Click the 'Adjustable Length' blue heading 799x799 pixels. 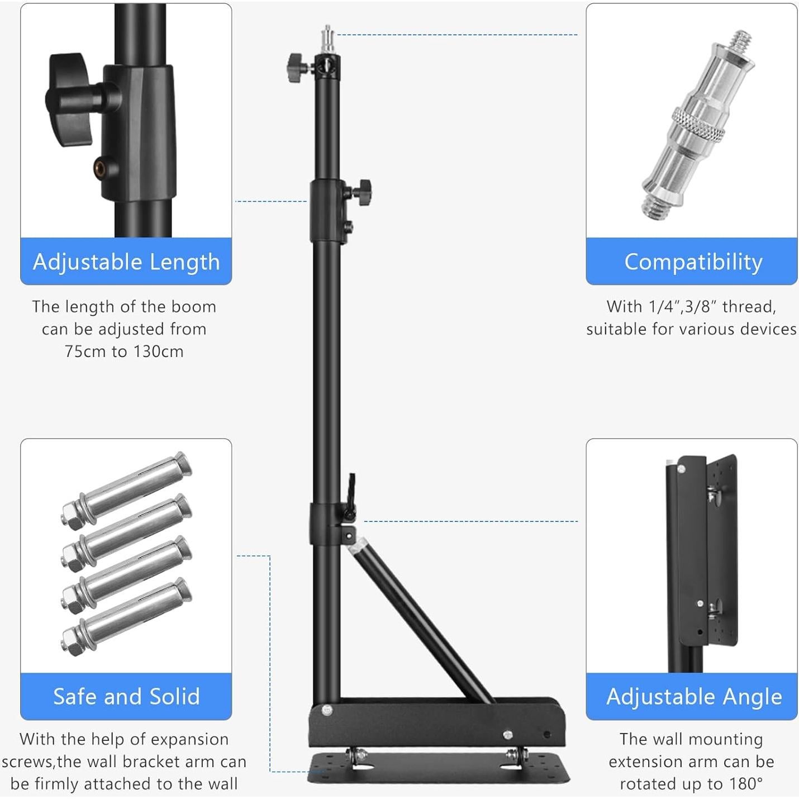[x=126, y=261]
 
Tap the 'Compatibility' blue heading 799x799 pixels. [x=693, y=261]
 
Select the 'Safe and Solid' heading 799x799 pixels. [x=126, y=696]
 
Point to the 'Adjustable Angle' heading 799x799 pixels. [x=693, y=696]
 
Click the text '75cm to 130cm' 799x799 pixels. [x=124, y=351]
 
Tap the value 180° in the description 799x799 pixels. [x=746, y=783]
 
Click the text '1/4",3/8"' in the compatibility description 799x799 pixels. [x=683, y=307]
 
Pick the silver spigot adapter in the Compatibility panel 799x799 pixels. [x=698, y=126]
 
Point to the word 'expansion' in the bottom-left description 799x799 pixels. [x=190, y=739]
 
